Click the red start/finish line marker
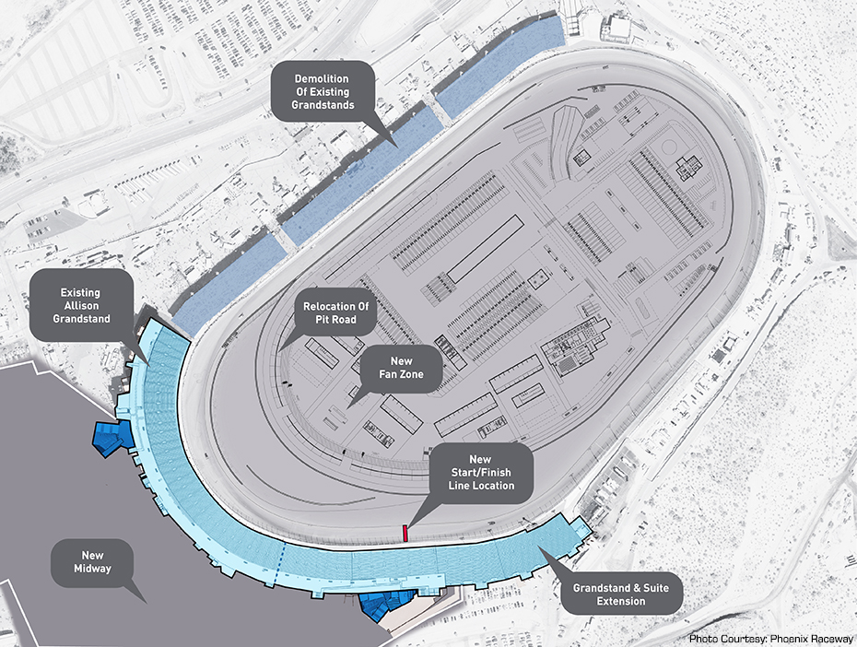tap(405, 532)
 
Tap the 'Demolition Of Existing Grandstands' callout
tap(323, 92)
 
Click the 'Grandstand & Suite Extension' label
tap(621, 594)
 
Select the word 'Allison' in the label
tap(81, 306)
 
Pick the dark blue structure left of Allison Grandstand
tap(108, 437)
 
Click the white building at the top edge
tap(618, 28)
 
